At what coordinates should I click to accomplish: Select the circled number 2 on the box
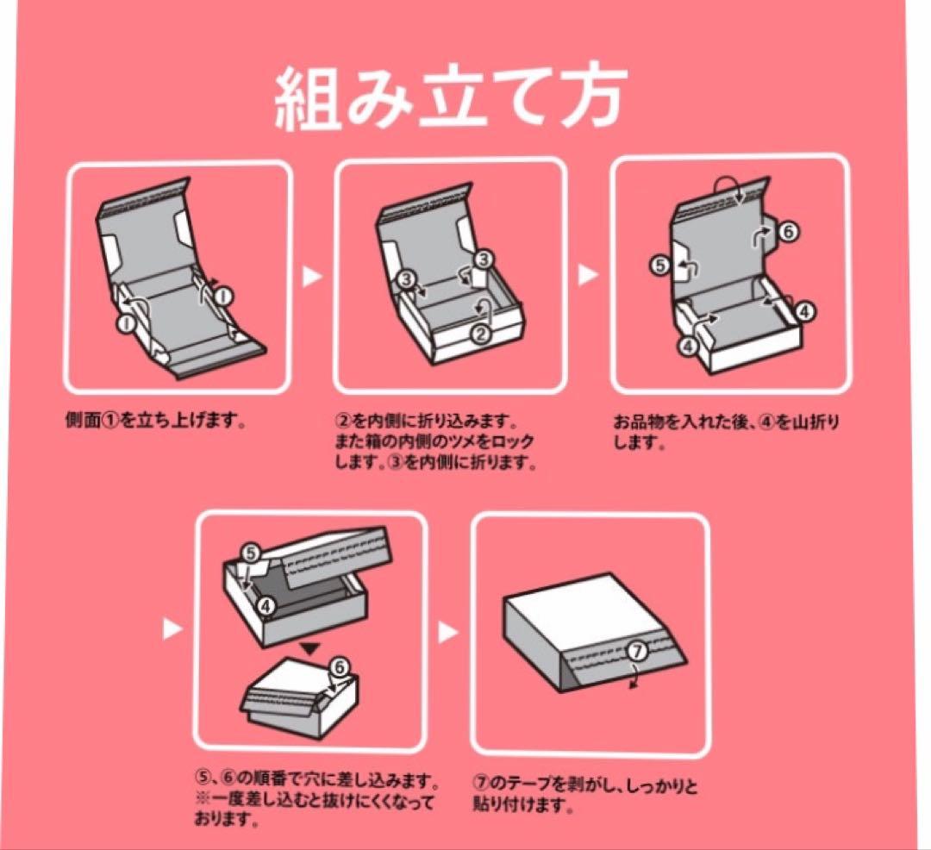click(480, 334)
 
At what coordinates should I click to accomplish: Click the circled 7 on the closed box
click(636, 652)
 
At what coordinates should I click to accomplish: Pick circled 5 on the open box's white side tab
click(660, 266)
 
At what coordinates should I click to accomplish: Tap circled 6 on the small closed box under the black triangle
click(339, 666)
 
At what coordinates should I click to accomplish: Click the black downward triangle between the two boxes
click(310, 648)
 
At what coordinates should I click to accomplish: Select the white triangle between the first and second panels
click(312, 277)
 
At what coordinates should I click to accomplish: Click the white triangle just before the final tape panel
click(448, 632)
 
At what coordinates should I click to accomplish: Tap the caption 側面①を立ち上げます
click(155, 422)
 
